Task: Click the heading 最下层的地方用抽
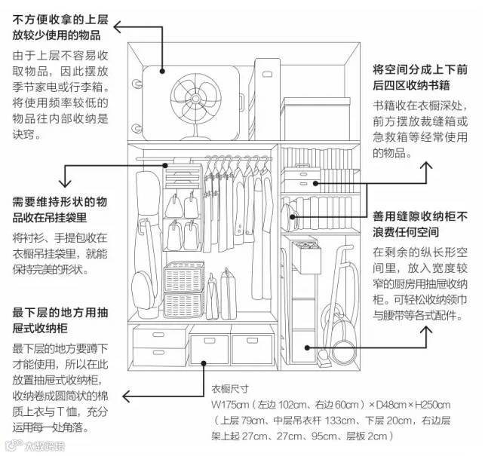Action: coord(61,312)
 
